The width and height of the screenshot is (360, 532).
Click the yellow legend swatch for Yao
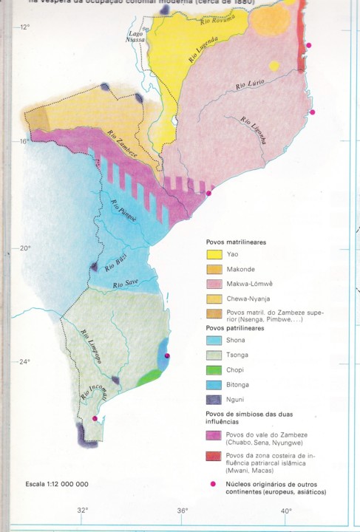(x=214, y=254)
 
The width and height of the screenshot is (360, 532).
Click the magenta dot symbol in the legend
(x=214, y=484)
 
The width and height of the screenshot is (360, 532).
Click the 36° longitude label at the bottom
(x=183, y=510)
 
